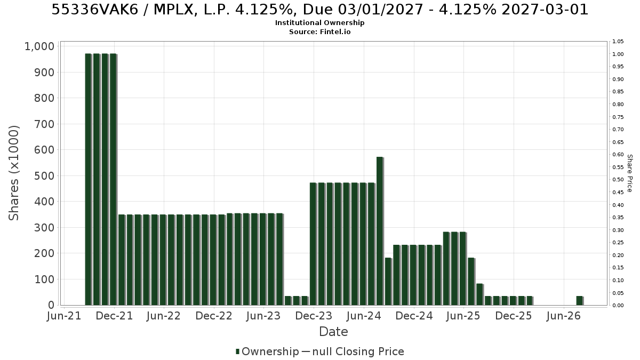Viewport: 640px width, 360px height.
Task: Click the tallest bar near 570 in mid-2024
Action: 380,231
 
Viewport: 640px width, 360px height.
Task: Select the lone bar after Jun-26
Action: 580,301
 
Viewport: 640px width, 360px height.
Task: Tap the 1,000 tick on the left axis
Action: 39,46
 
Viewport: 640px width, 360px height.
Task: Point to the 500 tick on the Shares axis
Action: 44,175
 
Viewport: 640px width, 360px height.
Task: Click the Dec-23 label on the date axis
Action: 314,316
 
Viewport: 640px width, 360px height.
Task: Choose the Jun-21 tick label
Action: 64,316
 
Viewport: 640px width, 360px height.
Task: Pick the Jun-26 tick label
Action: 563,316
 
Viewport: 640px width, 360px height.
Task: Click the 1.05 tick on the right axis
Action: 618,42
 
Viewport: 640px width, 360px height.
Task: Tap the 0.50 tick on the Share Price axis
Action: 618,180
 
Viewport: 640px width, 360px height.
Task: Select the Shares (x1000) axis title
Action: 14,173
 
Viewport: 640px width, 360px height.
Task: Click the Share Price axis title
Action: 629,173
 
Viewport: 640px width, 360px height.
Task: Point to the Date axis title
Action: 333,332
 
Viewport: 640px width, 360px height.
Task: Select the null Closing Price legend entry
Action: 353,351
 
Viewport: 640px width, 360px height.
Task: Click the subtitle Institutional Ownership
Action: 319,23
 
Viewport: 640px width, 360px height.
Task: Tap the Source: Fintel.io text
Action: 319,31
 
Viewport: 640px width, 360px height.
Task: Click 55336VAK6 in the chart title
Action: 95,10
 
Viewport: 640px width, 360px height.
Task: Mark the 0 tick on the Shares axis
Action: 51,305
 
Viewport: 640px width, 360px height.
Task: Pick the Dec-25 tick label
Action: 514,316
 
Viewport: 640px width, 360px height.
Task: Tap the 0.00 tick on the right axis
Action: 618,306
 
